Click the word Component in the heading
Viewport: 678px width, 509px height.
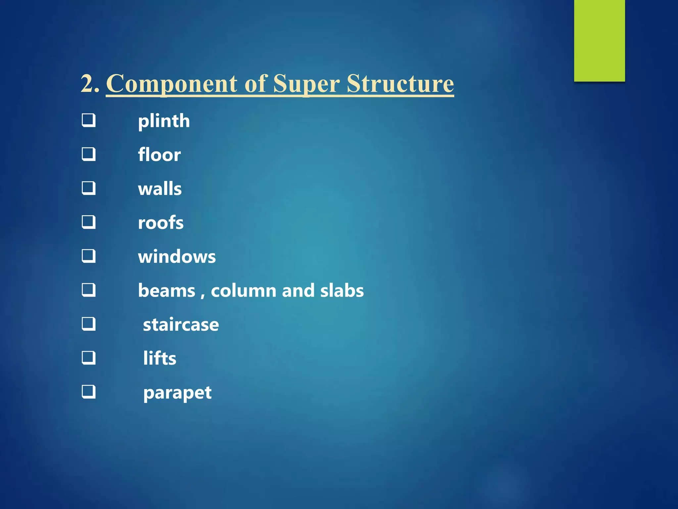171,84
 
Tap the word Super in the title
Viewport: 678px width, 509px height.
307,84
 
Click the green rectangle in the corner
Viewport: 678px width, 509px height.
599,40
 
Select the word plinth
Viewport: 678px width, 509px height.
164,121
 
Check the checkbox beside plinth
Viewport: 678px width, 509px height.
89,120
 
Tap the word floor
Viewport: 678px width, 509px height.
159,155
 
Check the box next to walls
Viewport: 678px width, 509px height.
89,188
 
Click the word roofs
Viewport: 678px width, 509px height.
161,223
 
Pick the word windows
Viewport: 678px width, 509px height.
177,257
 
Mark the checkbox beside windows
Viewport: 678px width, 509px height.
89,256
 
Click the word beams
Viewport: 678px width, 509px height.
167,291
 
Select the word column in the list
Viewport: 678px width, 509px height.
243,291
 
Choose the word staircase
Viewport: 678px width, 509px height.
181,325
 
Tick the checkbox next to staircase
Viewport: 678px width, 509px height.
89,324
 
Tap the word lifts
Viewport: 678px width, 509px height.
160,359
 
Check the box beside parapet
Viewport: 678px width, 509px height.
89,392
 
